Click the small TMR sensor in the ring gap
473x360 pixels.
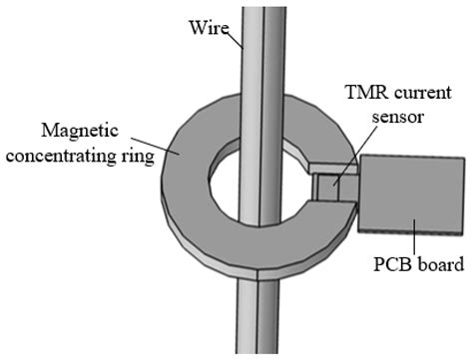[326, 185]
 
